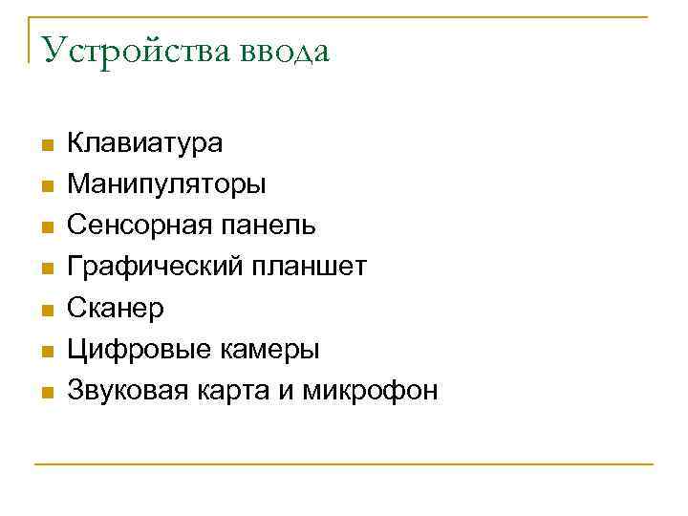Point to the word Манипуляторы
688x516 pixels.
pyautogui.click(x=167, y=185)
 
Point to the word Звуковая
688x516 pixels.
pyautogui.click(x=127, y=391)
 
